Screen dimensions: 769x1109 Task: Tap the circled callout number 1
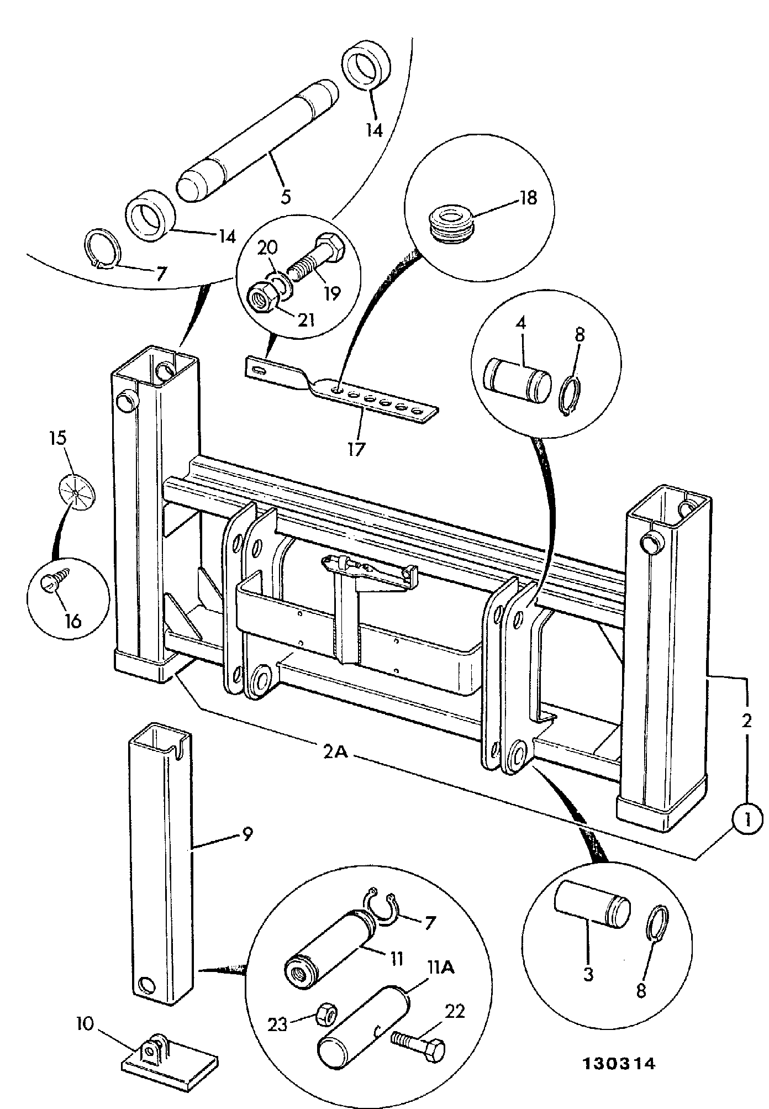point(746,836)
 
